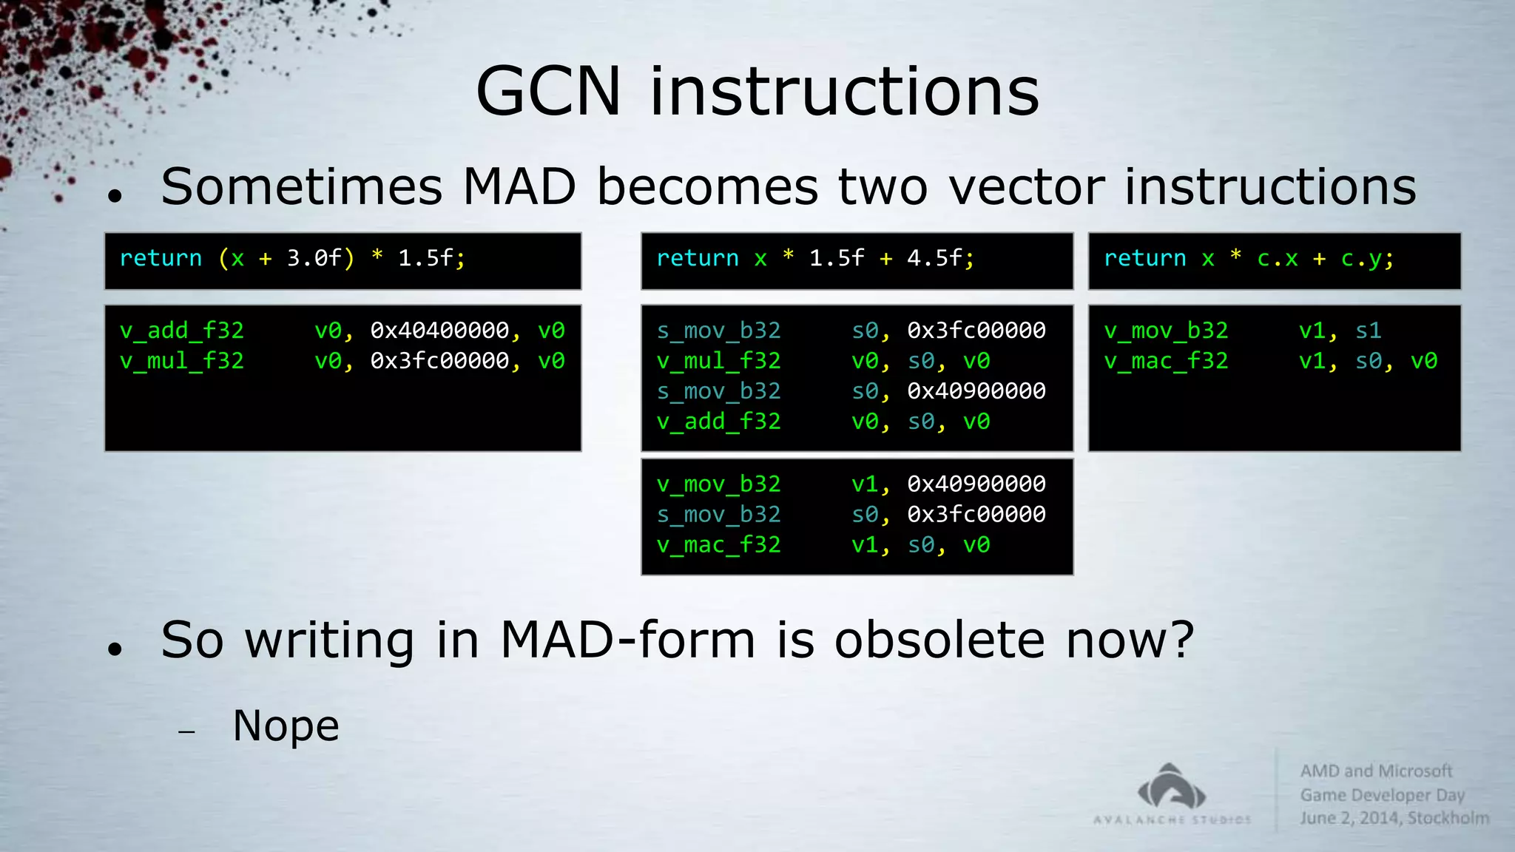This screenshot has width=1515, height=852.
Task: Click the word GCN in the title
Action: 547,92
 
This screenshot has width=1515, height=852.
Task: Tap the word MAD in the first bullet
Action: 519,186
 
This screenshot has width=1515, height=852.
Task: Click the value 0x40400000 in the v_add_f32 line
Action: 439,330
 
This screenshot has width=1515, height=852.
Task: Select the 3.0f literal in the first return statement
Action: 314,258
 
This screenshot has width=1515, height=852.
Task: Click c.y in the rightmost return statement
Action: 1361,258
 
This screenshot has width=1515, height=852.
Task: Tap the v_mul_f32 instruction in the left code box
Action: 182,361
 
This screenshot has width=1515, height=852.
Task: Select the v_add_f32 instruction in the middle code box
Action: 718,422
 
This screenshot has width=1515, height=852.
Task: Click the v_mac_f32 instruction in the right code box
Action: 1166,361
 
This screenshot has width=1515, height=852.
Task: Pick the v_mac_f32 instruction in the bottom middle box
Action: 718,545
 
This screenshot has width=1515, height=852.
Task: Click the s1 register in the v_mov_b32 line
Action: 1368,331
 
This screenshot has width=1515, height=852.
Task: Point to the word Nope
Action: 286,726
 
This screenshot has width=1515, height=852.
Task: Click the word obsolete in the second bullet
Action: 939,640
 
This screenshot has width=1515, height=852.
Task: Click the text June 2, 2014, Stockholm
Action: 1394,818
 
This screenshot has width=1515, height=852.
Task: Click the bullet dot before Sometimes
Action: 114,196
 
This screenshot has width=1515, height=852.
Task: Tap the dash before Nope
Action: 186,732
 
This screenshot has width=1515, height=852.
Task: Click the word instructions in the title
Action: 844,92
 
